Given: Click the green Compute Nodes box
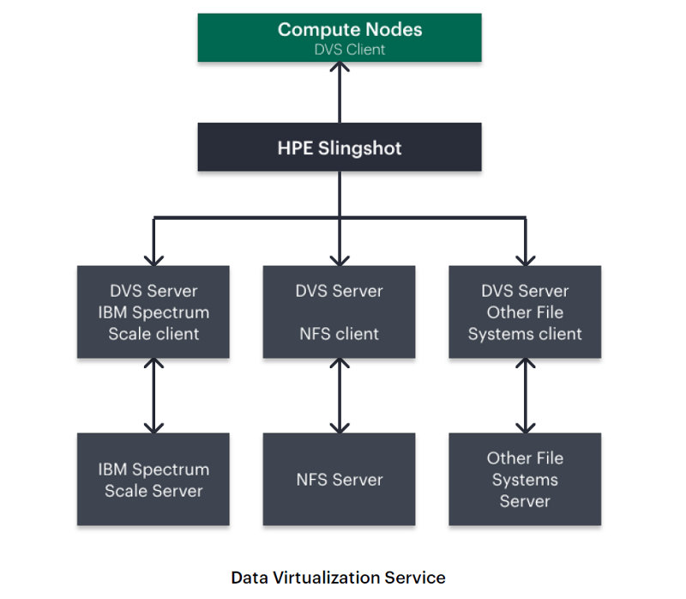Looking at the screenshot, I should click(339, 38).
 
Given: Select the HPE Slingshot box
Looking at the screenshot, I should click(339, 147).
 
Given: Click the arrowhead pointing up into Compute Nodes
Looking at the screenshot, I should click(340, 70).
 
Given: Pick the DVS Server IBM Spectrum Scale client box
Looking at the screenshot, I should click(153, 312).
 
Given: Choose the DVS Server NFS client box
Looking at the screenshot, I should click(339, 312).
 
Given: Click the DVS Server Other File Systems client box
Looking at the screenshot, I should click(525, 312).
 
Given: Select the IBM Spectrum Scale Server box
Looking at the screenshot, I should click(153, 480).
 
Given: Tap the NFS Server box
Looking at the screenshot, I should click(339, 480).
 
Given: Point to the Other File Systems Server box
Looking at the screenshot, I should click(525, 480).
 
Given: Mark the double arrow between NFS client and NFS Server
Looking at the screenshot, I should click(340, 396).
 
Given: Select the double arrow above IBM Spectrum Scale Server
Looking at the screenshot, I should click(154, 396).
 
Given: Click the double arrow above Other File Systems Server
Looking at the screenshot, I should click(525, 396).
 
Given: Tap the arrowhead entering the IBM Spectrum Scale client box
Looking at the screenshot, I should click(154, 258).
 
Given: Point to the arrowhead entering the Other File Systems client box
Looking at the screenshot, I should click(525, 258).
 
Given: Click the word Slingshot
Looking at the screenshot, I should click(359, 148).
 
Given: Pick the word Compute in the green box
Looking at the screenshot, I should click(308, 30).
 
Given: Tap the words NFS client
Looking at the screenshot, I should click(339, 334).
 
